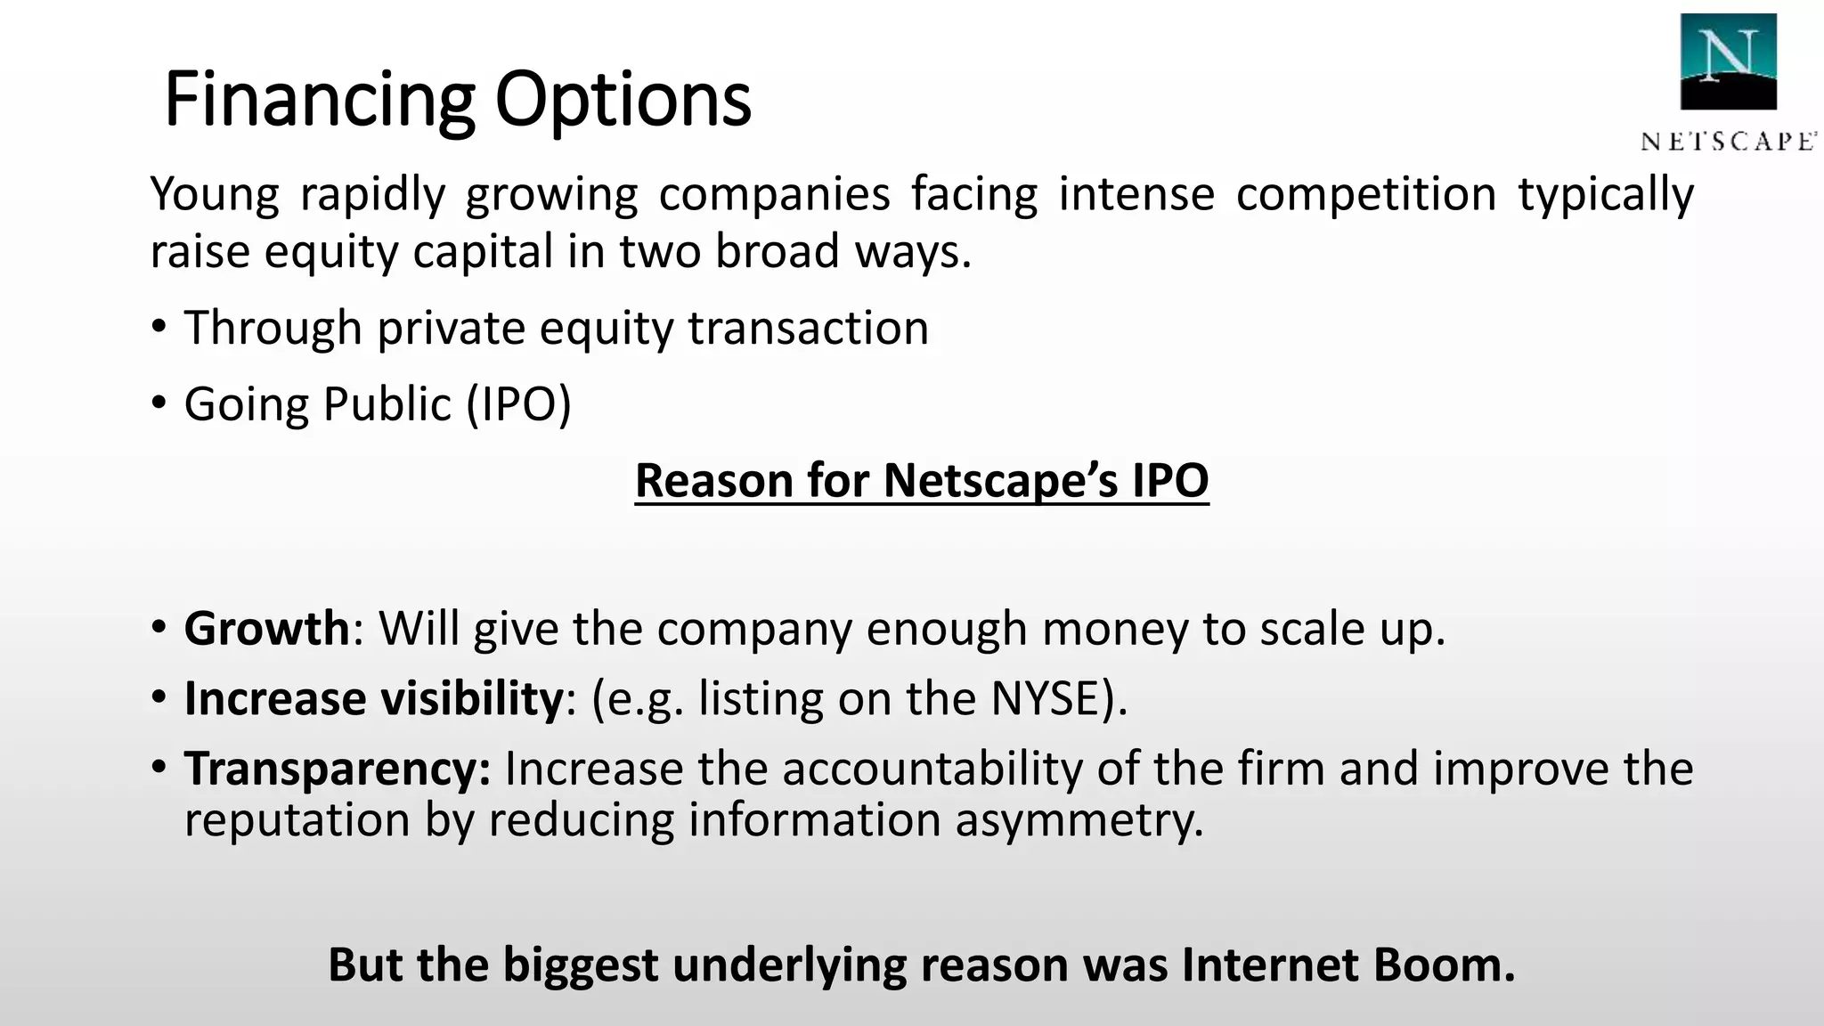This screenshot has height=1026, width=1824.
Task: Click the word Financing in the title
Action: click(320, 100)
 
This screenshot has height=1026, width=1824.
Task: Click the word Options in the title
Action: click(623, 100)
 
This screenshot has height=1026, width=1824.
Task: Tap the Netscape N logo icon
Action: click(1728, 61)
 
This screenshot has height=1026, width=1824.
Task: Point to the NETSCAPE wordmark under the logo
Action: click(1728, 142)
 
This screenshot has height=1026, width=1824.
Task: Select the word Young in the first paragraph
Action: click(215, 194)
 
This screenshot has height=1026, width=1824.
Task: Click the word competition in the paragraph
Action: click(1365, 194)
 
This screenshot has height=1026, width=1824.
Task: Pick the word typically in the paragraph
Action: click(1605, 194)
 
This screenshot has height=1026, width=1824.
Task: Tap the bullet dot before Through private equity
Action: click(159, 327)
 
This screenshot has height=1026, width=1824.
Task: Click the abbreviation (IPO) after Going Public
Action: click(518, 403)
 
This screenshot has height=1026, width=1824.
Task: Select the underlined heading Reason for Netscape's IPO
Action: click(922, 480)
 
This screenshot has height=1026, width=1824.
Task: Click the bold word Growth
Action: click(266, 628)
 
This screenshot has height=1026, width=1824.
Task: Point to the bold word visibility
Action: click(472, 697)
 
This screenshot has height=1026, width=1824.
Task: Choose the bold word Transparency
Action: click(337, 768)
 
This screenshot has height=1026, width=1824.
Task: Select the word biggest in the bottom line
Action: click(580, 964)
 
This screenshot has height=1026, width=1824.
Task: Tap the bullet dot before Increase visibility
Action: click(159, 697)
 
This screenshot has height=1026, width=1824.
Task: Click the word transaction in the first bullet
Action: click(809, 327)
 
